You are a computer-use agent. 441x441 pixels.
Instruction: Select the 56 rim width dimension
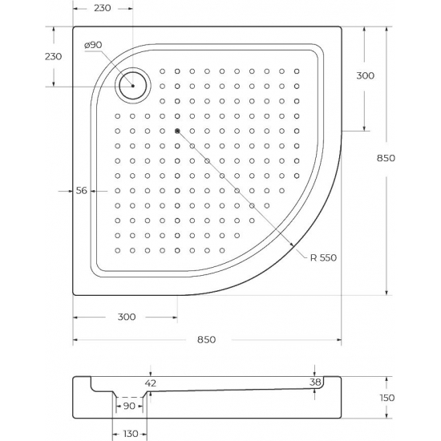(x=81, y=191)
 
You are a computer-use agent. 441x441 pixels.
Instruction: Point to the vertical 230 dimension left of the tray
(x=53, y=56)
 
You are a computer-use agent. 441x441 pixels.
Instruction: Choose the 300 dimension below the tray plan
(x=125, y=318)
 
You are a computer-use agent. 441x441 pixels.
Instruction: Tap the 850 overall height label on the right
(x=386, y=158)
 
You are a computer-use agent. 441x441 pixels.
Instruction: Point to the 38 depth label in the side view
(x=316, y=383)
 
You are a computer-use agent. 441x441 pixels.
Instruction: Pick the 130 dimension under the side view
(x=128, y=434)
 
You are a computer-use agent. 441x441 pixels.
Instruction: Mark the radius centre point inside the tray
(x=177, y=131)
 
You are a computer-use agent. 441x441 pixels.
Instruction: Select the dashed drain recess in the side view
(x=130, y=396)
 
